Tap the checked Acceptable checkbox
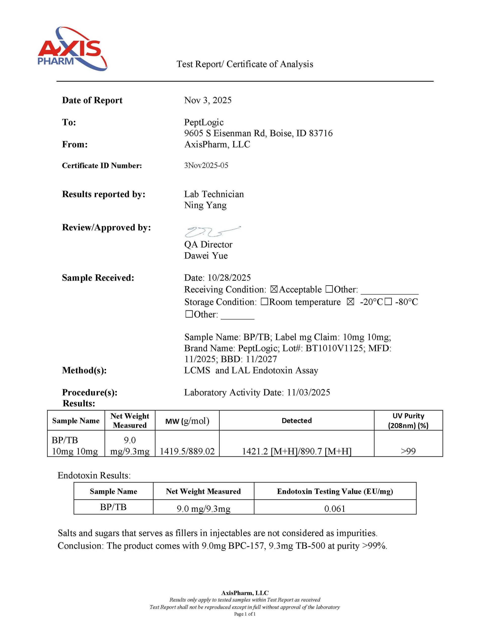274,289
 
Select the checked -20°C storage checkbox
350,302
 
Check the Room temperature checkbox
264,302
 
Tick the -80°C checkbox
388,302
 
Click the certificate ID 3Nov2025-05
206,165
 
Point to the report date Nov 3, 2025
208,100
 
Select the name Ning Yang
205,205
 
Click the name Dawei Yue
206,256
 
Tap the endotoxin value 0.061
335,509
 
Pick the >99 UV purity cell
408,451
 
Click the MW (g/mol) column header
187,421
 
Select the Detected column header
297,421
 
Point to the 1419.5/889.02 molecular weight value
187,451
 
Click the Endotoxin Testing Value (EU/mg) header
335,491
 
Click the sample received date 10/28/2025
229,278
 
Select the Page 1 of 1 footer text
245,614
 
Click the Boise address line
258,133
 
